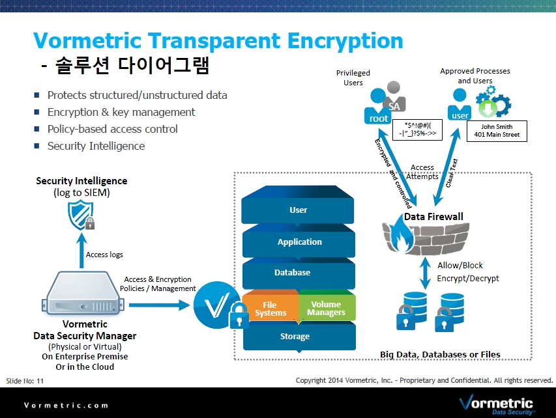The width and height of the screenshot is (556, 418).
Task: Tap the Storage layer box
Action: pos(299,336)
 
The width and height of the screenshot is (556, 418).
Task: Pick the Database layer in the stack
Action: pos(299,273)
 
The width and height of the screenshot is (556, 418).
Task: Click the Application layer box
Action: pos(299,242)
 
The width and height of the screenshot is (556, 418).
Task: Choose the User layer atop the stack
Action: pos(297,206)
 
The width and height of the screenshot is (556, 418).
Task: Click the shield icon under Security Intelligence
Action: pos(81,215)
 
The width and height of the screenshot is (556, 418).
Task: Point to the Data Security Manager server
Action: pos(83,293)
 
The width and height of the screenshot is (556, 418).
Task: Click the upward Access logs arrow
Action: pos(82,251)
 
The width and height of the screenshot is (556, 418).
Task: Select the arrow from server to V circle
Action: pos(159,305)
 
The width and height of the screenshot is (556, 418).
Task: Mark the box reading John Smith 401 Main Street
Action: pos(497,131)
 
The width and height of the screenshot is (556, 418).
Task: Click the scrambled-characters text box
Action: pos(417,130)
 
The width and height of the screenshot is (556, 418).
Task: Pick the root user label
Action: pos(378,118)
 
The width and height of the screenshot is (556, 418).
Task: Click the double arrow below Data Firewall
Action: pos(425,273)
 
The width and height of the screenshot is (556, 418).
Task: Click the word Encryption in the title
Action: pos(345,41)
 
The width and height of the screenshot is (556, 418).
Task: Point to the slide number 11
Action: pos(40,381)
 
